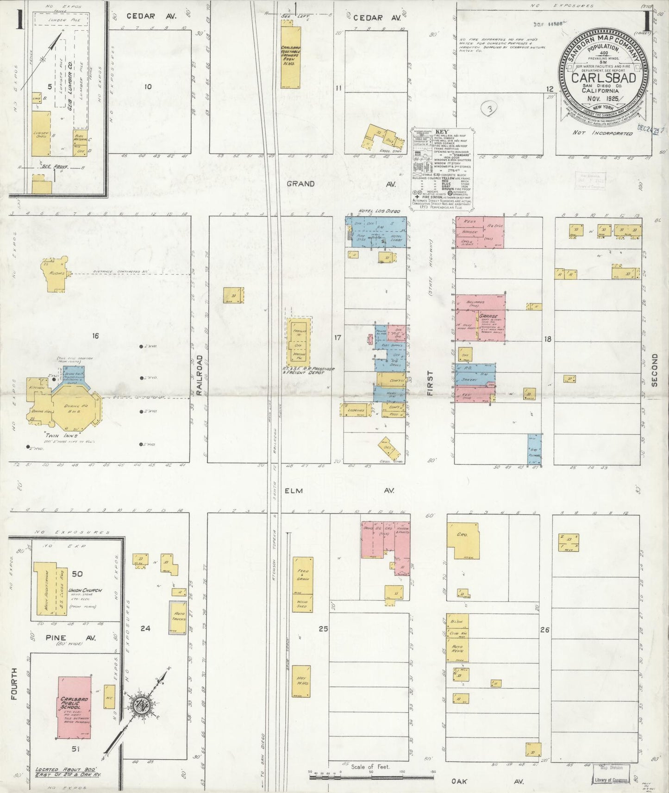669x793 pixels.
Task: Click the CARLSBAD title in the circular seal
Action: pyautogui.click(x=602, y=78)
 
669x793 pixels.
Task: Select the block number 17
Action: pyautogui.click(x=337, y=338)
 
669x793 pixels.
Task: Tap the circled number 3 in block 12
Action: pyautogui.click(x=489, y=110)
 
